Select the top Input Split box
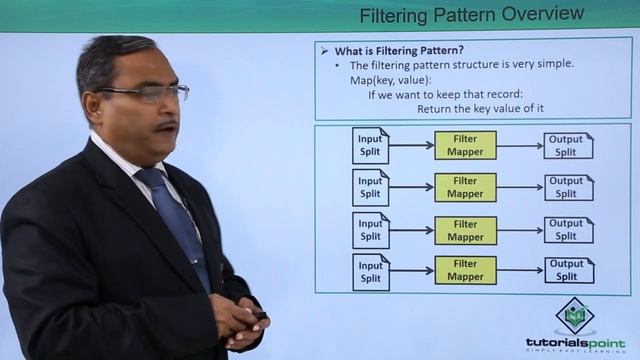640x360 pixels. [371, 146]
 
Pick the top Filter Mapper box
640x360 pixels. [465, 146]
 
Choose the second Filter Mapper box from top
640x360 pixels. [465, 188]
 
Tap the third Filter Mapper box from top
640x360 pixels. [465, 230]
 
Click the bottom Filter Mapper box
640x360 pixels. [465, 271]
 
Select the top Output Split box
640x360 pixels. [568, 146]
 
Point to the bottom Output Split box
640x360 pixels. [568, 271]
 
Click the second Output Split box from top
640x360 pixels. [568, 188]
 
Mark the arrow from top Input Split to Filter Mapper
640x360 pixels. [411, 146]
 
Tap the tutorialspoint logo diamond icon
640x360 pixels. [574, 318]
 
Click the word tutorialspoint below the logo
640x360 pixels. [574, 342]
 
